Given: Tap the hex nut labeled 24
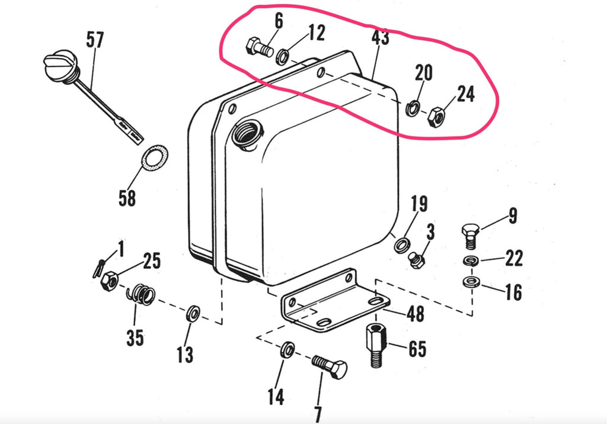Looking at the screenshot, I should click(436, 116).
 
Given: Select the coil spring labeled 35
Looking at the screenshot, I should click(143, 294).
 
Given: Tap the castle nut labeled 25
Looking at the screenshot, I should click(109, 281).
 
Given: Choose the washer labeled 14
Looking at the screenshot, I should click(287, 349).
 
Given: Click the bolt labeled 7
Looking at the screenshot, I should click(330, 367).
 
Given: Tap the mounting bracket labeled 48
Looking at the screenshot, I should click(332, 303).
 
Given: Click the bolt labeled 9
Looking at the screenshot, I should click(469, 236).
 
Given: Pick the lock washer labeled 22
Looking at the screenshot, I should click(470, 261).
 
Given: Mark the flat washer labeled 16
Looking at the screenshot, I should click(471, 280).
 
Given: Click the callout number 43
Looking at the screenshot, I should click(380, 38).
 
